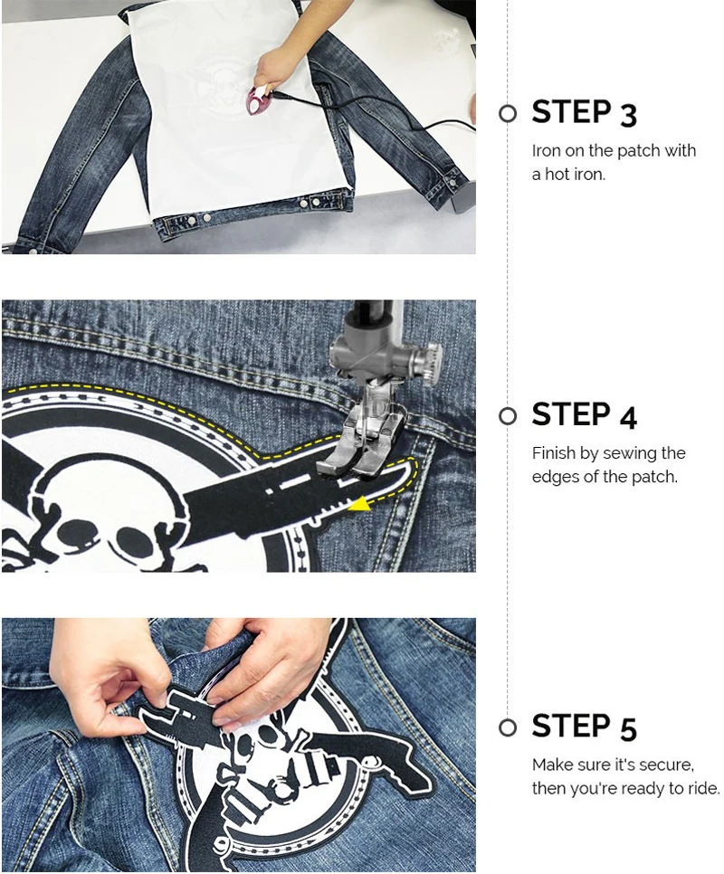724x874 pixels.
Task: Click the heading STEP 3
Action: tap(584, 112)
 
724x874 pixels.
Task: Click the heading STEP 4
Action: tap(584, 415)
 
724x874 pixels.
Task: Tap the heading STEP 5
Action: tap(584, 727)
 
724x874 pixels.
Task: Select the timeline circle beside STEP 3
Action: tap(507, 114)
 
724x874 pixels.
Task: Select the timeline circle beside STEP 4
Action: tap(507, 416)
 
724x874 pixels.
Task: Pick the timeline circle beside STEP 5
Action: tap(507, 728)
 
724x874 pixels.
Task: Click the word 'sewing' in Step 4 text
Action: tap(630, 454)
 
